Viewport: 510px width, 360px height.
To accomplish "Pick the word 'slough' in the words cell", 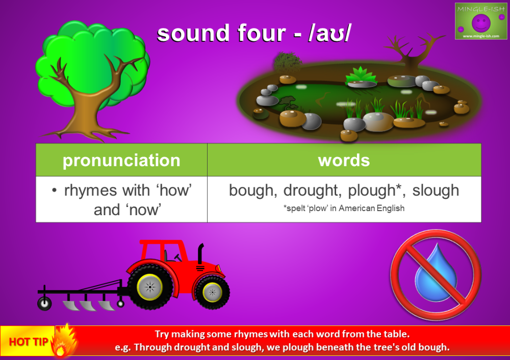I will tap(436, 191).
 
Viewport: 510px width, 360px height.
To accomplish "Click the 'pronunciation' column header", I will tap(121, 160).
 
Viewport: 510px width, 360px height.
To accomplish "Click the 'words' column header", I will tap(344, 160).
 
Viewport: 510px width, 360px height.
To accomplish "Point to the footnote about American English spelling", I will tap(344, 208).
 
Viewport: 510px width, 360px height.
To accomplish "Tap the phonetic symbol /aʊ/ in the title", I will tap(331, 34).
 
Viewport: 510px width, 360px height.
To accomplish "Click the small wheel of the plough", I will tap(45, 304).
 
